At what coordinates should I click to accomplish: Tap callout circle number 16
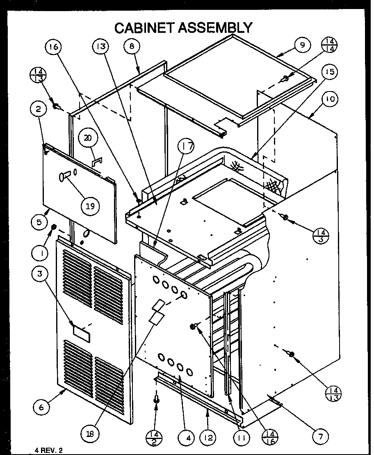[x=55, y=47]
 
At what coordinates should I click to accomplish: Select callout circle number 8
[x=132, y=46]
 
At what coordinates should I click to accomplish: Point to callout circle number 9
[x=303, y=45]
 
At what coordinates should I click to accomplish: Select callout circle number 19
[x=90, y=206]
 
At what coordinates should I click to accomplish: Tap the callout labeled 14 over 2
[x=156, y=437]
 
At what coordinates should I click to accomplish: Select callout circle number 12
[x=209, y=438]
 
